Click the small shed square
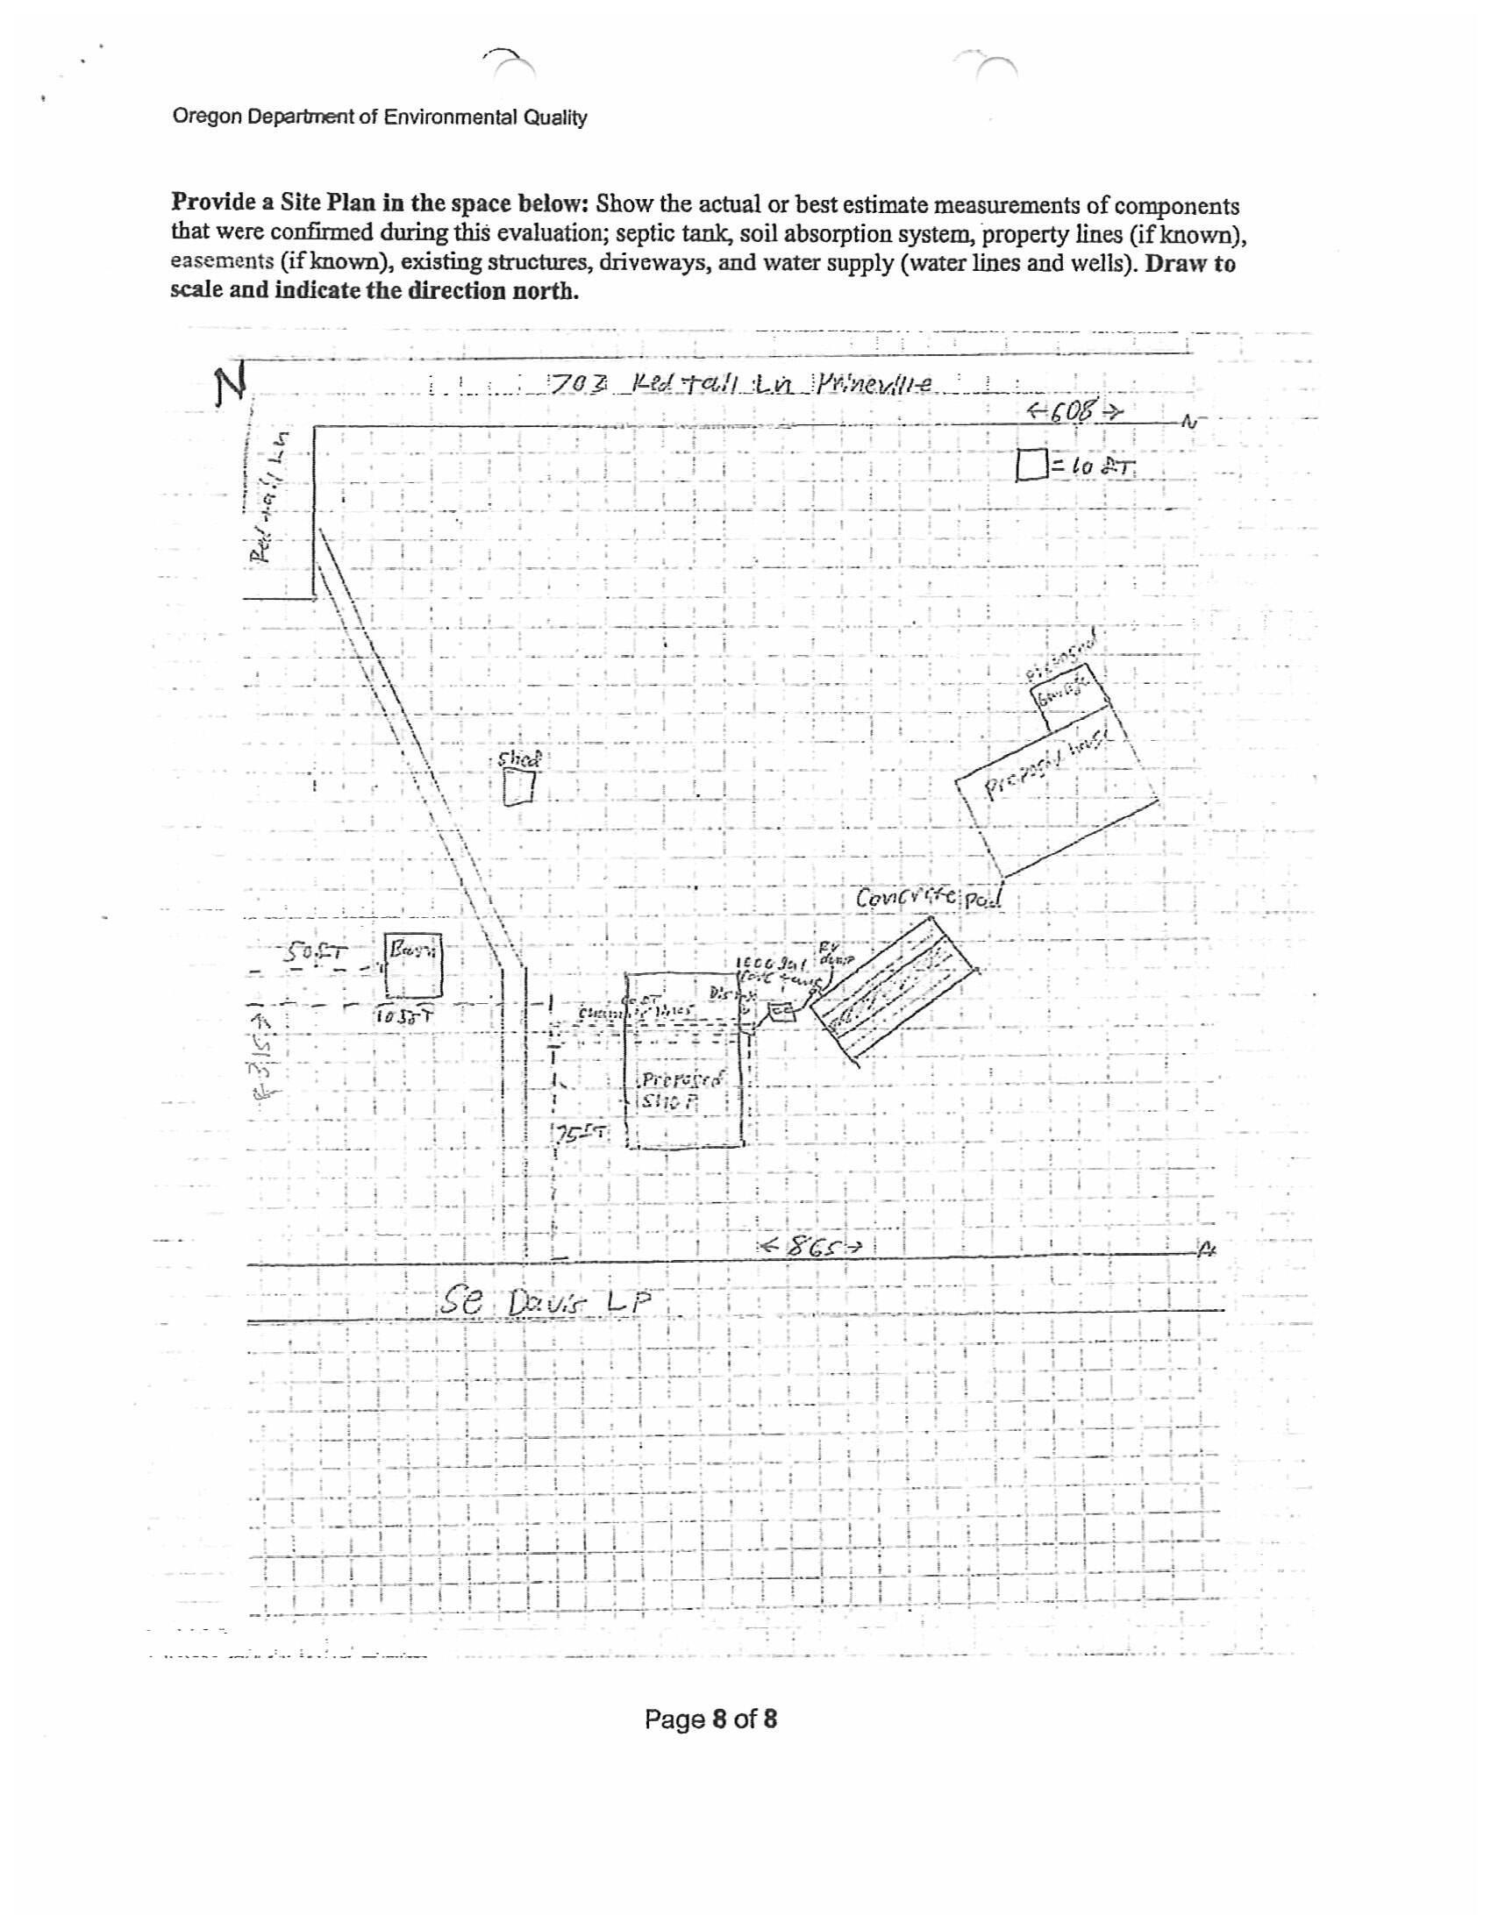click(x=519, y=786)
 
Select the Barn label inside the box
click(x=411, y=952)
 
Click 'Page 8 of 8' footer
click(x=710, y=1719)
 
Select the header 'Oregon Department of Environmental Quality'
click(x=380, y=117)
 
